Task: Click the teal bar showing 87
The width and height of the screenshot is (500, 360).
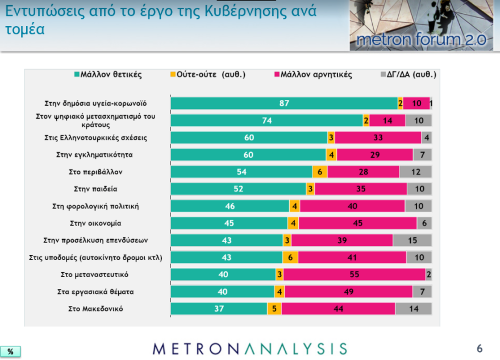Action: (x=284, y=103)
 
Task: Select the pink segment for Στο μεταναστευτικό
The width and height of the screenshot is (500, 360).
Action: (x=355, y=275)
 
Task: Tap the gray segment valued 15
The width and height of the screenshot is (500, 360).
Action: (x=412, y=241)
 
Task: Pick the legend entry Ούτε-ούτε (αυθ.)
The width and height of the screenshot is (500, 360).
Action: (x=207, y=74)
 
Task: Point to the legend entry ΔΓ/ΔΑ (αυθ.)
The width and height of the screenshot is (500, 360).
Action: (x=407, y=74)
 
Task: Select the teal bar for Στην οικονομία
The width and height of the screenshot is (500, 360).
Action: (x=229, y=224)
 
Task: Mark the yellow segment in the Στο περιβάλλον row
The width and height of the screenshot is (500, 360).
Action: (x=320, y=172)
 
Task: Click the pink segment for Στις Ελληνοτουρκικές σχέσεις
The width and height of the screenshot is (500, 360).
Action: (x=378, y=137)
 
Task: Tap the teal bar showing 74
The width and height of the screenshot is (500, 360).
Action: (x=267, y=120)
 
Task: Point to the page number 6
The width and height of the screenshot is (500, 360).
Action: (x=479, y=348)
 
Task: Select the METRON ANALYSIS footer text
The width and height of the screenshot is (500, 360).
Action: (x=249, y=349)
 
